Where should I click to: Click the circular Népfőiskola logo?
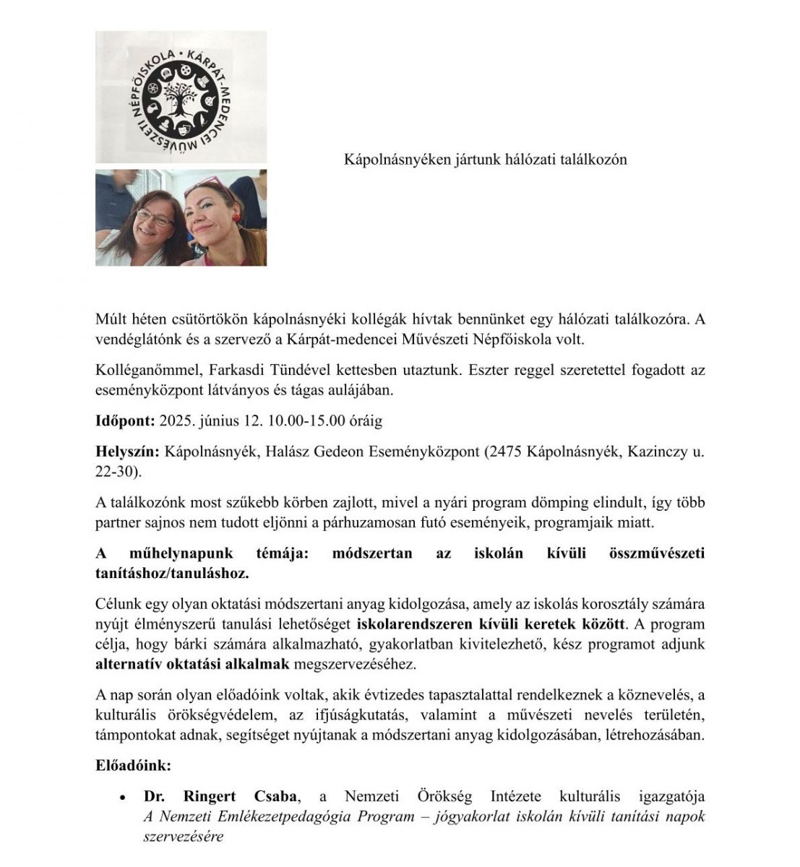180,95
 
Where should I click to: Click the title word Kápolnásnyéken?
390,160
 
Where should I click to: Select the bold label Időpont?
125,421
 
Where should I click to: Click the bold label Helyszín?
127,452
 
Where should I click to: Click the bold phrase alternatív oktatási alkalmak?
192,663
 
